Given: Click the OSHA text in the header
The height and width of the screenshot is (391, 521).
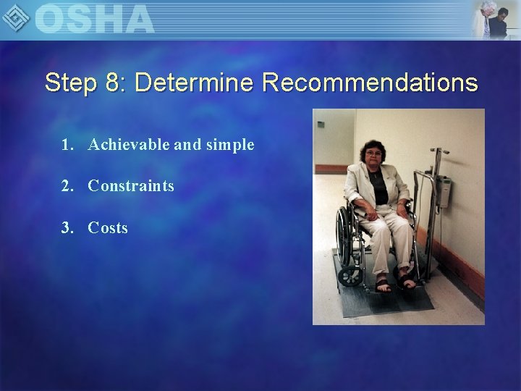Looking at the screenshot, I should click(94, 19).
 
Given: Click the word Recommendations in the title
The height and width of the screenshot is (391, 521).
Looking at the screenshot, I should click(370, 83).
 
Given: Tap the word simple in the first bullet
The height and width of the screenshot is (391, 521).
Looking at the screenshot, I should click(229, 144).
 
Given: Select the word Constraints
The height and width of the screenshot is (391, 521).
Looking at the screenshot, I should click(131, 186).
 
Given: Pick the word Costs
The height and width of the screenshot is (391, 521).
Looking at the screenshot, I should click(108, 228).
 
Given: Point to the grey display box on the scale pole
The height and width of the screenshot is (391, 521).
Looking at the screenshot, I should click(446, 193).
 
